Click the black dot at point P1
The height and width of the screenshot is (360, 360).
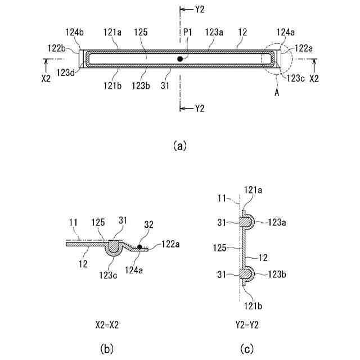point(180,58)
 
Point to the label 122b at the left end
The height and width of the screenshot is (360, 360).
point(56,48)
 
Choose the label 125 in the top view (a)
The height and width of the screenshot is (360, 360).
point(141,33)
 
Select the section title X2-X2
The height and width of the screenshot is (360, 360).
point(107,325)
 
